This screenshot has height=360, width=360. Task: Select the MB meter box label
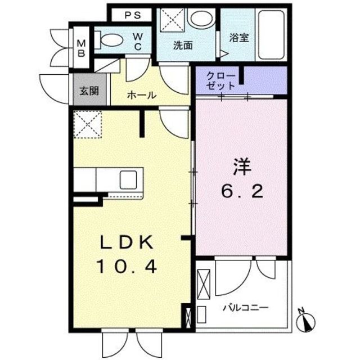(x=81, y=48)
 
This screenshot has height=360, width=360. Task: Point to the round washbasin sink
(x=199, y=19)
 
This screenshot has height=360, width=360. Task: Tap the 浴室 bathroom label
(x=238, y=38)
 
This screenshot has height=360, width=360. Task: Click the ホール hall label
(x=141, y=96)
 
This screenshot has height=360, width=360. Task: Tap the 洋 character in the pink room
(x=242, y=167)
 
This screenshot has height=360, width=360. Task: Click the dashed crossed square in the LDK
(x=87, y=124)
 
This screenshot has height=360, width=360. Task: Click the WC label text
(x=137, y=42)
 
